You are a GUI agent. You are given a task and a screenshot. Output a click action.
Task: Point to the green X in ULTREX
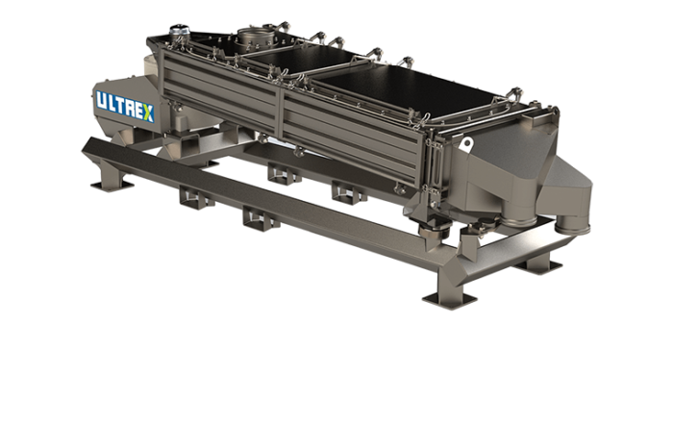[x=147, y=110]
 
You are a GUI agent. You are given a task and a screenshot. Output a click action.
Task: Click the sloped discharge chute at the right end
[x=538, y=173]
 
